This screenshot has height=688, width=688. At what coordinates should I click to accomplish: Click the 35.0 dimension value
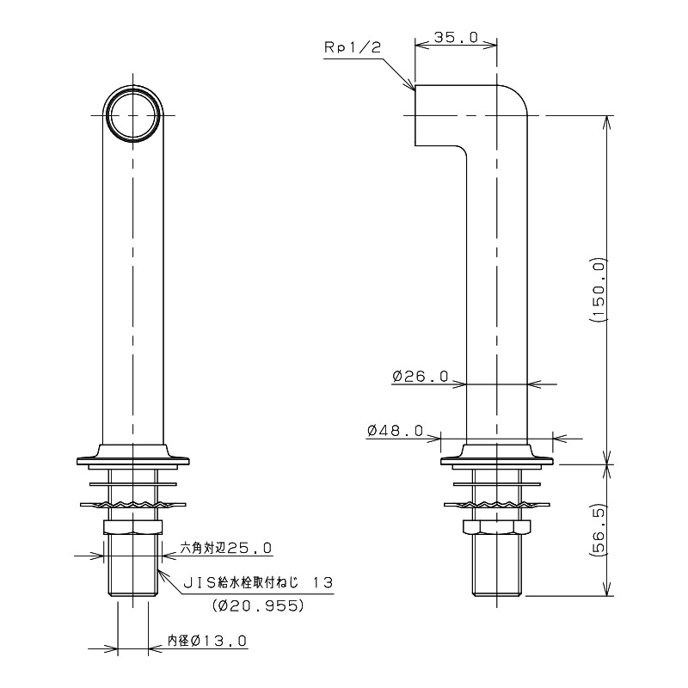point(456,37)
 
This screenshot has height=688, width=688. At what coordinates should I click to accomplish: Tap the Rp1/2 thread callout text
point(353,48)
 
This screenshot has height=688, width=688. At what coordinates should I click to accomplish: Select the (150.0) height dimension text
point(599,291)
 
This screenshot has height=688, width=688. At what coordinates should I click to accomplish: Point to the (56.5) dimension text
point(599,531)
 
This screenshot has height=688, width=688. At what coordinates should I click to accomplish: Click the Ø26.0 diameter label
point(421,376)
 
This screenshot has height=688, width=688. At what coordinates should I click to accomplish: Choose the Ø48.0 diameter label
point(396,431)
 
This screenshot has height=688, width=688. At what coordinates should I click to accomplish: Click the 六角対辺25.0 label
point(226,548)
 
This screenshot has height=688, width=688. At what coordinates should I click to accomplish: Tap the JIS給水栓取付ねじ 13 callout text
point(257,583)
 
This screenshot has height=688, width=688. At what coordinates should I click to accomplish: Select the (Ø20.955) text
point(257,605)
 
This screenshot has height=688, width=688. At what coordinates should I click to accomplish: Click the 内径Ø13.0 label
point(207,641)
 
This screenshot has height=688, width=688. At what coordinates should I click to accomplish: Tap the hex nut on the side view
point(497,527)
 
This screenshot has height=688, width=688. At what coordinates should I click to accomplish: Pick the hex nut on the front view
point(133,527)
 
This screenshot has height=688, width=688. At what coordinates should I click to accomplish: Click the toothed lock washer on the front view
point(133,505)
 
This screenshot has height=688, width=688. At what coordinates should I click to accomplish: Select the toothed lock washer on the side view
point(497,505)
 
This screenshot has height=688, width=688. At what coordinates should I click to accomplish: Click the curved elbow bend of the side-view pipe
point(517,95)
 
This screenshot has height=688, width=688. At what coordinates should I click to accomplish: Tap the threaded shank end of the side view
point(497,565)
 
